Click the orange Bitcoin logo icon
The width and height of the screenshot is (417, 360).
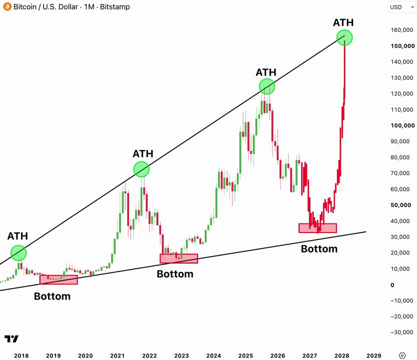(7, 6)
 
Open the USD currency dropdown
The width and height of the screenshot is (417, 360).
(402, 7)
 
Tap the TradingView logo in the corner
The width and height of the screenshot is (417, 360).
(11, 338)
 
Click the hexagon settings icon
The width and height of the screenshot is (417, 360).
(402, 355)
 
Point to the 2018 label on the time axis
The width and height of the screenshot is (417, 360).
(21, 355)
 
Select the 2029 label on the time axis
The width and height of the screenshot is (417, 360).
(373, 355)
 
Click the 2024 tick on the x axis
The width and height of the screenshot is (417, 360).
(213, 355)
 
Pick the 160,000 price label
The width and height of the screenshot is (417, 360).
(402, 30)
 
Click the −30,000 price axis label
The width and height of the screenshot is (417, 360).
(402, 332)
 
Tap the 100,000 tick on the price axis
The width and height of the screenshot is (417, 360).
(402, 125)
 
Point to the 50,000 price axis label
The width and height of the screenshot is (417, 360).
(401, 205)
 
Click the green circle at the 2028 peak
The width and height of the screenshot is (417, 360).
(344, 38)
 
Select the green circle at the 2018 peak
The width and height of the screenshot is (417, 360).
(18, 253)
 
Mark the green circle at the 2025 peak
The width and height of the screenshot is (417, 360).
(266, 86)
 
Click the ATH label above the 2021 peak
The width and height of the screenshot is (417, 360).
(143, 153)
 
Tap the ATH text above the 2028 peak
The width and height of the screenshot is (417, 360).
(343, 22)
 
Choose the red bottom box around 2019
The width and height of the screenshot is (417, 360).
(59, 279)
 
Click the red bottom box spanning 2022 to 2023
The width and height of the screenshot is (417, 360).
(178, 258)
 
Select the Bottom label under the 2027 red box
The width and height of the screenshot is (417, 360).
(319, 249)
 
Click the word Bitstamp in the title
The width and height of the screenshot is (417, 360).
(115, 6)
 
